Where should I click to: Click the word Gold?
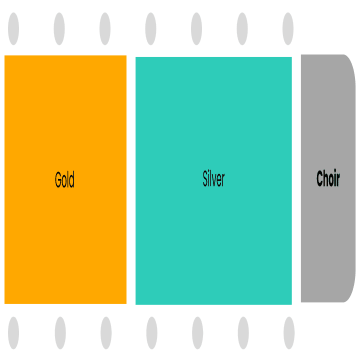pos(64,179)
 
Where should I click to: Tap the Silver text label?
pos(213,178)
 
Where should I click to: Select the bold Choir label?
pos(328,178)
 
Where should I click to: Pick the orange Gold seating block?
pos(65,179)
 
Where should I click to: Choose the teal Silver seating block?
pos(213,181)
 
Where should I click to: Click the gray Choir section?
pos(328,178)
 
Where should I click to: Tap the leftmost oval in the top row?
pos(13,28)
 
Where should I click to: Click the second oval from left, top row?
pos(59,28)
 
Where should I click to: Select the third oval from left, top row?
pos(105,28)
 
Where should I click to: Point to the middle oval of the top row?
pos(150,28)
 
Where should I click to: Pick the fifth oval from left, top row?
pos(196,28)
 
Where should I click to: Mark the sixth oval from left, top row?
pos(242,28)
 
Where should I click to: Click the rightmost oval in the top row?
pos(288,28)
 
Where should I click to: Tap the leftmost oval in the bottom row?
pos(13,333)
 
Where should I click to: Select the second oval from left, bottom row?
pos(60,333)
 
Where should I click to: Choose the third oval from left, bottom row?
pos(106,333)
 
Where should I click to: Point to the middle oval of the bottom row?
pos(152,333)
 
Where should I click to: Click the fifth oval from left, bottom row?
pos(197,333)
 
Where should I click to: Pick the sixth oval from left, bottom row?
pos(243,333)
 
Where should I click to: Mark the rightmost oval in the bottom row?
pos(289,333)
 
